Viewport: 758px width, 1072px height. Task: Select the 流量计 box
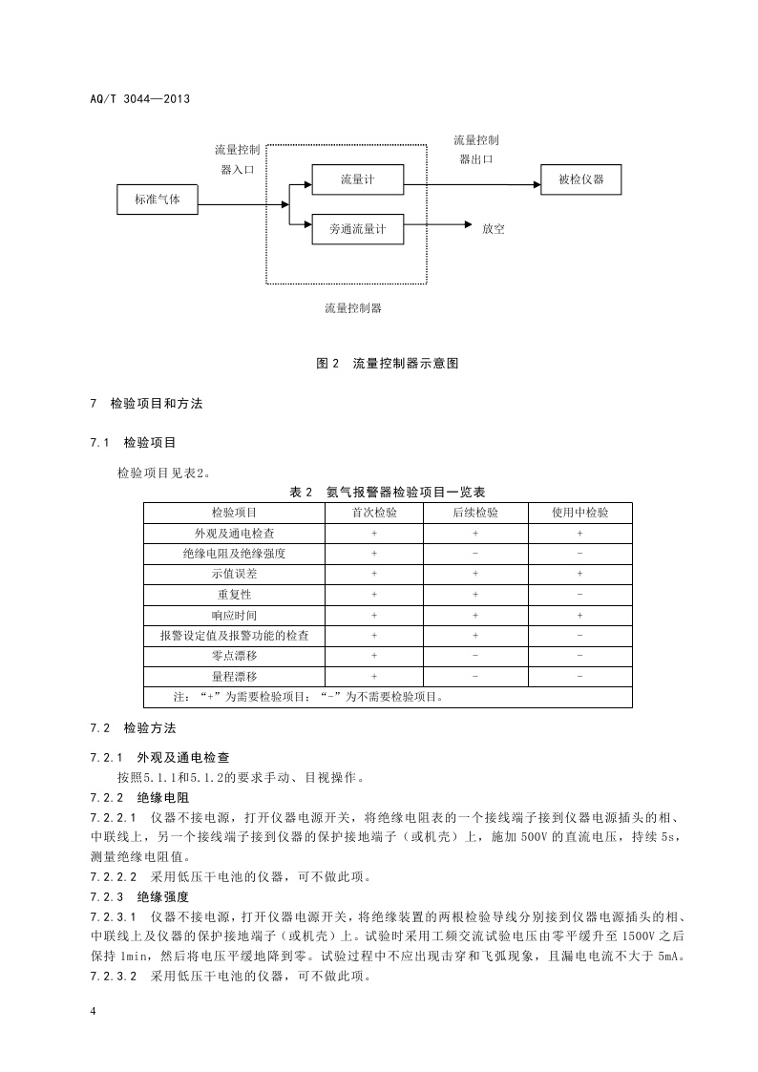tap(358, 179)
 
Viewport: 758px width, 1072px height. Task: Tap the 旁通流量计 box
tap(358, 230)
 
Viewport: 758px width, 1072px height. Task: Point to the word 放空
tap(493, 229)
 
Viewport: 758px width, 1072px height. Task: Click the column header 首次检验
tap(374, 512)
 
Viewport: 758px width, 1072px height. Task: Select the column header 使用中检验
tap(579, 512)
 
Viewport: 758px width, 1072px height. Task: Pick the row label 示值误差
tap(234, 574)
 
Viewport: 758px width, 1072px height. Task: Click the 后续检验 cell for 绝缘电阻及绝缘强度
tap(475, 553)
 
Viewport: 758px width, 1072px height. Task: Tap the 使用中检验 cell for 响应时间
tap(579, 615)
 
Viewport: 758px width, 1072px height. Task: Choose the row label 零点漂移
tap(234, 656)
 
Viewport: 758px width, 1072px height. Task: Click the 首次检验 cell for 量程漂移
tap(374, 676)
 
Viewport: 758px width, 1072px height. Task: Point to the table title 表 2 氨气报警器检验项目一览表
tap(387, 492)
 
